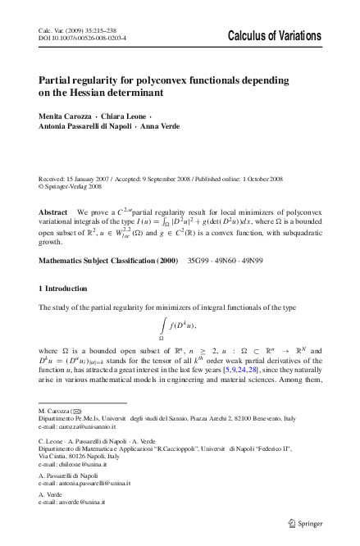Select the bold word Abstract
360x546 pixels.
click(x=53, y=188)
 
